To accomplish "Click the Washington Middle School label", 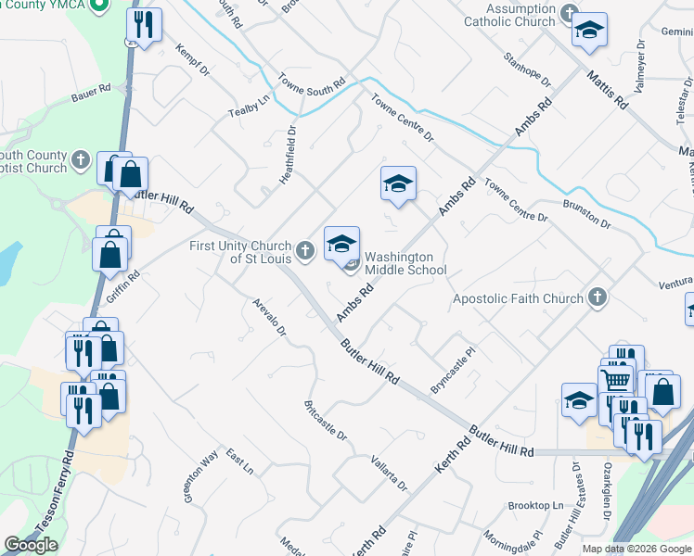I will click(405, 263).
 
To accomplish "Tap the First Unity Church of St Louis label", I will click(240, 252).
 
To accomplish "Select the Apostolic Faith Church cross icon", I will click(598, 297).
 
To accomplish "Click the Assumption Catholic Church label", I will click(509, 15).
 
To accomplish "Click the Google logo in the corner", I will click(31, 545).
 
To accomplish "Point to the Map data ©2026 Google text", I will click(637, 549).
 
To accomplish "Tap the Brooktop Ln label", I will click(535, 506).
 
